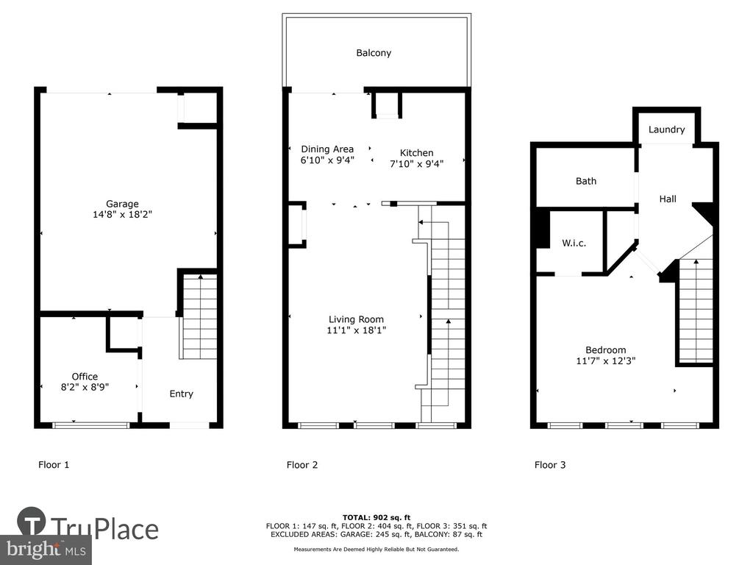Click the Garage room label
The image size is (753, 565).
122,205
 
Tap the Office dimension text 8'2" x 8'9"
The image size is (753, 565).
85,387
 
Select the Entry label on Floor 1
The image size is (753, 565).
181,394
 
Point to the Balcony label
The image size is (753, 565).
374,53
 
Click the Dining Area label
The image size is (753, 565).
327,149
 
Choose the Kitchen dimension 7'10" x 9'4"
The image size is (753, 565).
416,164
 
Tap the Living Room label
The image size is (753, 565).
356,319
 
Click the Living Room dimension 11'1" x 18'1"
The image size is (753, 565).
357,330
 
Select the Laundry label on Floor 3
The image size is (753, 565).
666,129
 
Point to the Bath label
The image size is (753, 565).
586,181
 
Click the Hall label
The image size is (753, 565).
668,199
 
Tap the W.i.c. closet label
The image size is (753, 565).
574,243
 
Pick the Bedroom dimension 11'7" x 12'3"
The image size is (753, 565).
606,360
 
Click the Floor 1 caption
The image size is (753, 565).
54,465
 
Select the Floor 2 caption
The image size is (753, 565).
302,465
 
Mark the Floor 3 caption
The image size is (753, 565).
550,465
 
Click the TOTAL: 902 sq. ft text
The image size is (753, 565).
376,517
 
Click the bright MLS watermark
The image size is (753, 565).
46,550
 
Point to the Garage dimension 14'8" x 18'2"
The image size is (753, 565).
122,215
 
